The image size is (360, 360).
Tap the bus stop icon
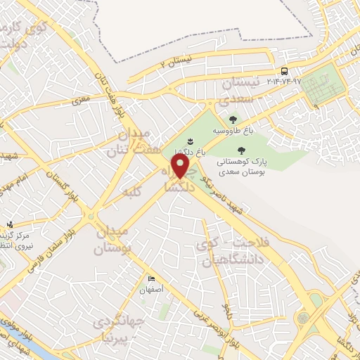284,71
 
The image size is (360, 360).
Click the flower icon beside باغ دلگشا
191,143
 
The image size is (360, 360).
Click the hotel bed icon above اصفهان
150,279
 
